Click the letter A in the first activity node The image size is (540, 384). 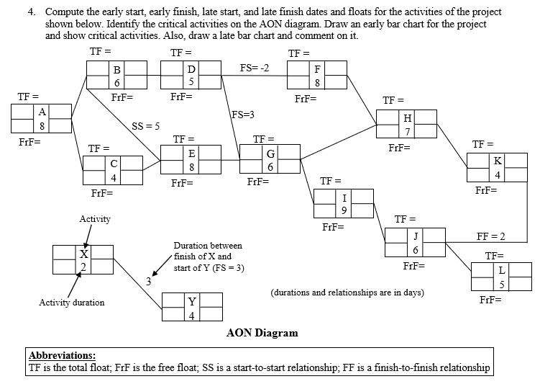pos(42,112)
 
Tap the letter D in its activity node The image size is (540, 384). pos(191,69)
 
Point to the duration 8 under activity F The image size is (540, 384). pos(317,83)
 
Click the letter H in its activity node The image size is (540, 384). pos(408,117)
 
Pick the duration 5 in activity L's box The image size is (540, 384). pos(502,282)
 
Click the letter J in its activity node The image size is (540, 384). pos(416,236)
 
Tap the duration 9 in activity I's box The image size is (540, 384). pos(345,210)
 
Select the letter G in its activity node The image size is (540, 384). pos(270,153)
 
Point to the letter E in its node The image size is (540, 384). pos(191,153)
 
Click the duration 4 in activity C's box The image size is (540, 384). pos(114,178)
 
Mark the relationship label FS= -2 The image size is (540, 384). pos(255,68)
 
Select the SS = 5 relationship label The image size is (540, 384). pos(145,127)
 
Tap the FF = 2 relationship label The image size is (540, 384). pos(492,236)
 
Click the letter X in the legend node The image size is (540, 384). pos(83,254)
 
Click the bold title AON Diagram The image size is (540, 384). pos(262,333)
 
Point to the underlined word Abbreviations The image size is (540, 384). pos(61,355)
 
